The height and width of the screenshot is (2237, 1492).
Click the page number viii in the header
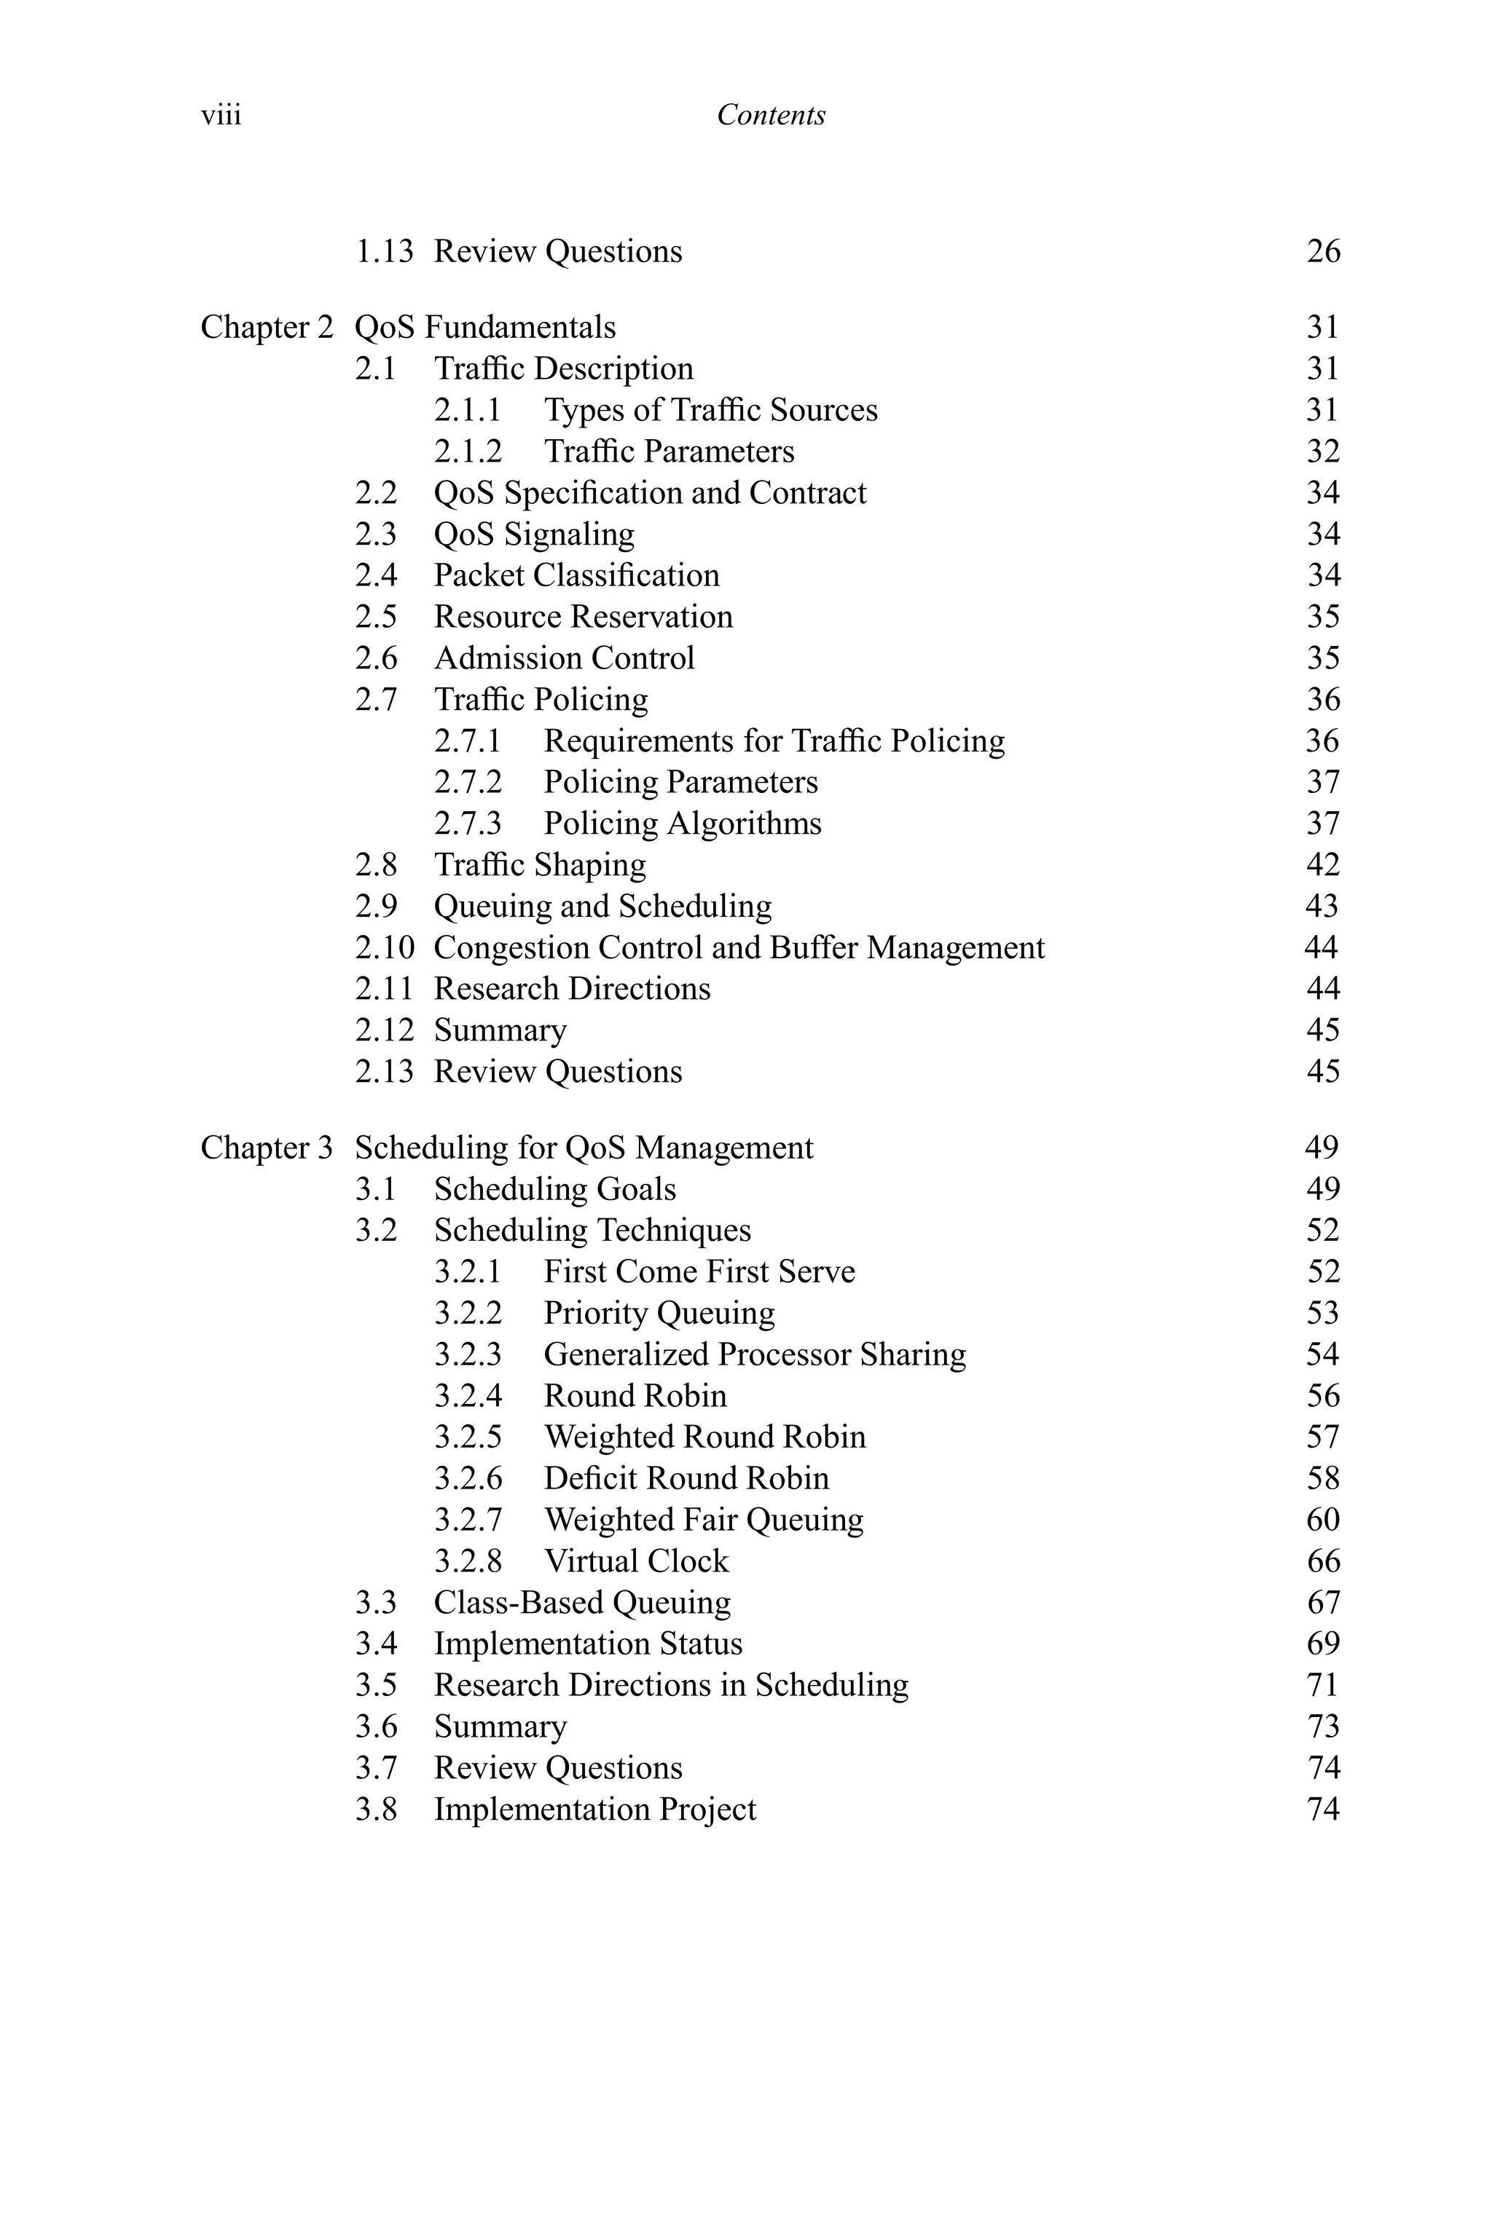221,115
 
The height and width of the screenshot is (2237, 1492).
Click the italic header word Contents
771,115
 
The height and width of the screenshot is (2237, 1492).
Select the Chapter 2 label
267,327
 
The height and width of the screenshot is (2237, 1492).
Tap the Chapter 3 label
267,1148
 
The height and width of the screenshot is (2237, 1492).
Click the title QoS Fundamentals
485,327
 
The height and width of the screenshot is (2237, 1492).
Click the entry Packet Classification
577,575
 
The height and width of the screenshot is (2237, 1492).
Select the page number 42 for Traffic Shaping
1323,864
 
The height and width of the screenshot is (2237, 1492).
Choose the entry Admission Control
565,658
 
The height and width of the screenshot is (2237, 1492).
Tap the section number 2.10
385,947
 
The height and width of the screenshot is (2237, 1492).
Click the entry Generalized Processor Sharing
755,1354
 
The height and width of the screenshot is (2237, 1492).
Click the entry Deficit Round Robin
686,1478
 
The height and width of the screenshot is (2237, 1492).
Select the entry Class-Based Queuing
582,1603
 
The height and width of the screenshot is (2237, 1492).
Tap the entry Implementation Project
594,1809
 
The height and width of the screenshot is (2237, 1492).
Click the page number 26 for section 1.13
1323,251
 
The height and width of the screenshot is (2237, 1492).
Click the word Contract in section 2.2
808,493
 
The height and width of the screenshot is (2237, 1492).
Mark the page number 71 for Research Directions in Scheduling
1323,1685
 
